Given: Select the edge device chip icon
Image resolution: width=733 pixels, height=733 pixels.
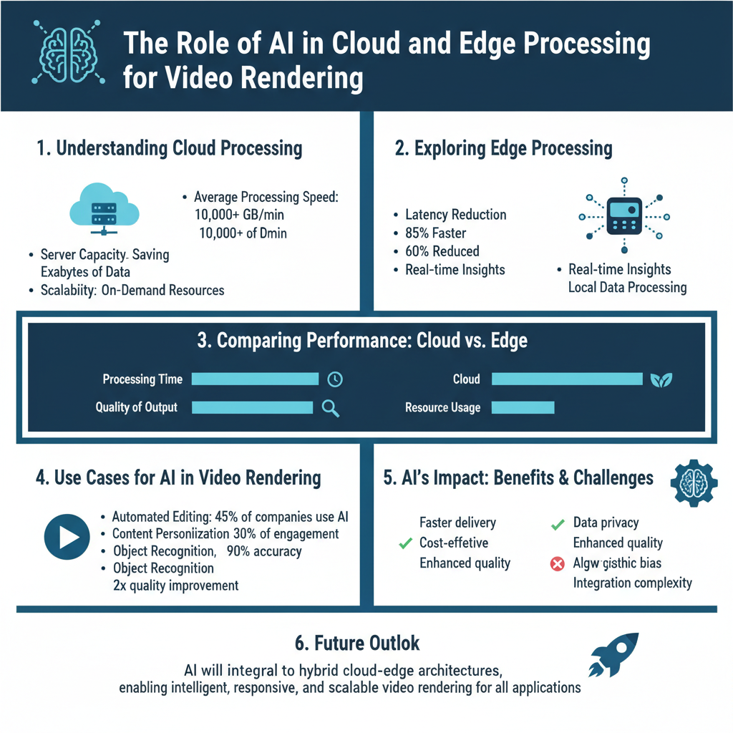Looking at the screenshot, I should pos(623,215).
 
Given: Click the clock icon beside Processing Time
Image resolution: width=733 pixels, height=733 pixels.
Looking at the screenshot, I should pos(334,380).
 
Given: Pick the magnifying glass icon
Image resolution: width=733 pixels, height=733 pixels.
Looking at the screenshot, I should pos(330,408).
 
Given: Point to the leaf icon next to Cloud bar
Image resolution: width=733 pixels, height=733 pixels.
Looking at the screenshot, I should pos(660,380).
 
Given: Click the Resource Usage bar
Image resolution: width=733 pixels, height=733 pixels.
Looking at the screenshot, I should pos(523,407).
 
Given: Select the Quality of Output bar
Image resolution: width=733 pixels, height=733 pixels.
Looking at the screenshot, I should pos(253,407).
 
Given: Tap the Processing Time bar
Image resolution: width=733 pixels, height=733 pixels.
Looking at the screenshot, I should pos(255,379).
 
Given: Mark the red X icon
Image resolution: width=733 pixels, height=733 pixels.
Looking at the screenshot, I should pos(557,564).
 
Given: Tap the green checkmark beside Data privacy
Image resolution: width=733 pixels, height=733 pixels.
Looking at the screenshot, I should pos(558,524).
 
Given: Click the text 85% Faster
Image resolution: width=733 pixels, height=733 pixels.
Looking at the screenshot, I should pos(436,233).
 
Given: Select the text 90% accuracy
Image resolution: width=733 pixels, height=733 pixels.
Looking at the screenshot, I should pos(264,551).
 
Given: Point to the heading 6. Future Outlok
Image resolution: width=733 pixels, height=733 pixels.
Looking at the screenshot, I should pos(357,643).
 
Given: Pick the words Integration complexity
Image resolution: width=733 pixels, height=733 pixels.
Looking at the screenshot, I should pos(633,582).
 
